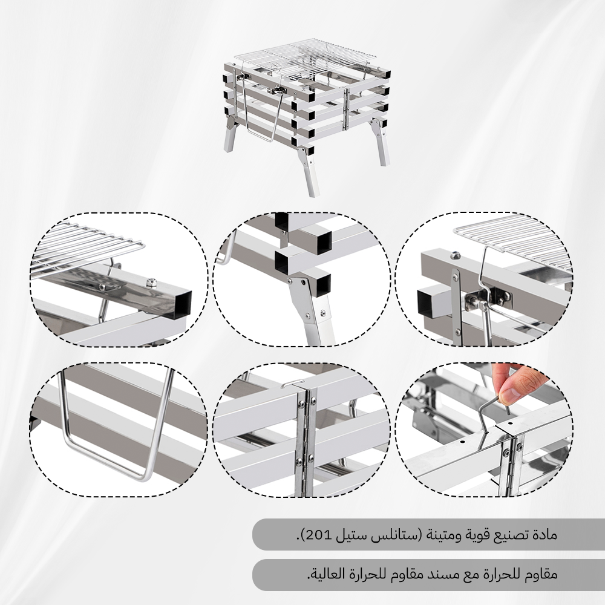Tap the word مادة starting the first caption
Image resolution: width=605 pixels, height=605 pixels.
546,535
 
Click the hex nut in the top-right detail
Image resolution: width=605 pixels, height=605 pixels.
456,255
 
